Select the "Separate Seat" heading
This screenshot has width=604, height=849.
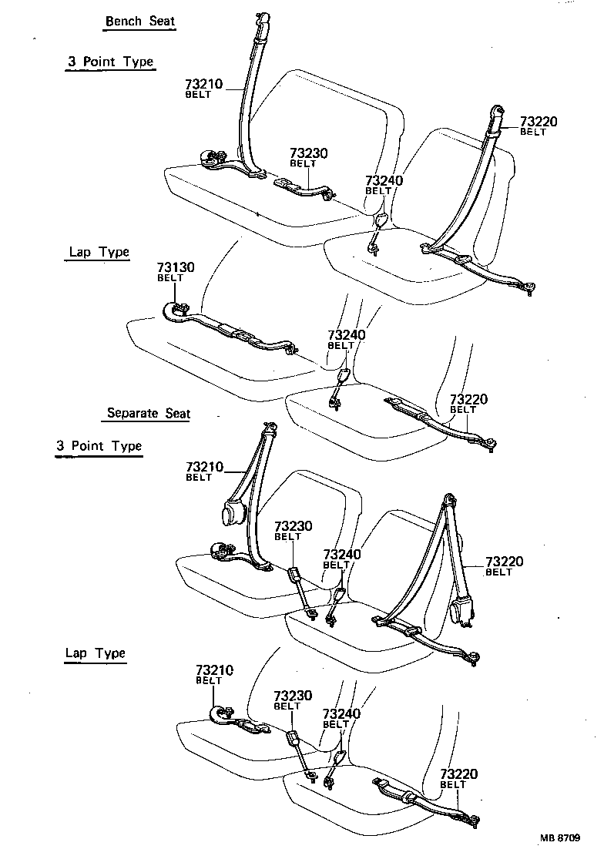pyautogui.click(x=148, y=413)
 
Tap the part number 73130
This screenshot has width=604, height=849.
pyautogui.click(x=175, y=267)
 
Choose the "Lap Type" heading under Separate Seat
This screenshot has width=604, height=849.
pyautogui.click(x=95, y=653)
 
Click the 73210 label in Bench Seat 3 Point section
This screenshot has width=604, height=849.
pyautogui.click(x=204, y=84)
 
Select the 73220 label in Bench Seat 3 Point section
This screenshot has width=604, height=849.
pyautogui.click(x=539, y=122)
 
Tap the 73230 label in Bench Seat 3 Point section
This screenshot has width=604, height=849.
pyautogui.click(x=308, y=153)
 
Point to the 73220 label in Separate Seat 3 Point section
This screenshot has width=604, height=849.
pyautogui.click(x=504, y=562)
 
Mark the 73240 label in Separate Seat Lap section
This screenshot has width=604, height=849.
pyautogui.click(x=341, y=714)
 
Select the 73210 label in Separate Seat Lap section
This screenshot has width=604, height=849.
pyautogui.click(x=215, y=671)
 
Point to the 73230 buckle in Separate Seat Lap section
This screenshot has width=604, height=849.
pyautogui.click(x=294, y=740)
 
